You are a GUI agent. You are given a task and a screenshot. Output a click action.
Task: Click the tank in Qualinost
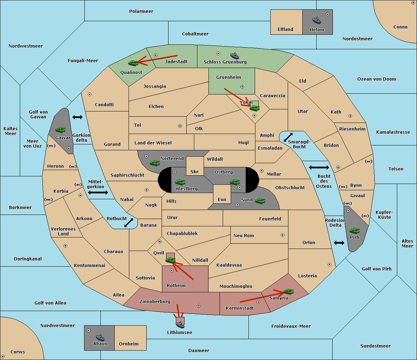coord(133,63)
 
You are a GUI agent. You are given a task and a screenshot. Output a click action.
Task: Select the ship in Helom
coord(317,20)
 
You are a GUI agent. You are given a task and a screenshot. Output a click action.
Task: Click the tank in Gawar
coord(60,129)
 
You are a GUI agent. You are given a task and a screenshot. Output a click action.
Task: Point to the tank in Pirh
coord(355,231)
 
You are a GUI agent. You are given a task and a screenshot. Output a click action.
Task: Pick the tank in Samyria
coord(288,291)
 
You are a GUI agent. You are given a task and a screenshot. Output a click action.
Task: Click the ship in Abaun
coord(100,337)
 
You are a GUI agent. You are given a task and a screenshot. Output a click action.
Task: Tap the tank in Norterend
coord(155,162)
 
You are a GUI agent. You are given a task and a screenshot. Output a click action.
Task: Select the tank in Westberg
coord(180,182)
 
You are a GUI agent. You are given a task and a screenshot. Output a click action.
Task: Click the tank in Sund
coord(260,201)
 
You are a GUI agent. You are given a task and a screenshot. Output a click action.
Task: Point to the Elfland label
coord(285,30)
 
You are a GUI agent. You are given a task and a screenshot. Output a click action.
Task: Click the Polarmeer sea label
coord(141,11)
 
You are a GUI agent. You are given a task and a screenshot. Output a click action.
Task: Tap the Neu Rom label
coord(244,236)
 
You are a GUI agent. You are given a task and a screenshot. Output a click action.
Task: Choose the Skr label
coord(195,172)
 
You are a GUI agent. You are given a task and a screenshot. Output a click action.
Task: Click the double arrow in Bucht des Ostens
coord(319,168)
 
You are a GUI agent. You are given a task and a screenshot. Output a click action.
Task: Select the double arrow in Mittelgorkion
coord(98,192)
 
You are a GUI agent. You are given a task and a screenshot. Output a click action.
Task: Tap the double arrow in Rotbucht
coord(129,223)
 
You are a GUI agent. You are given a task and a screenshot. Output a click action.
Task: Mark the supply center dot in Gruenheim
coord(242,87)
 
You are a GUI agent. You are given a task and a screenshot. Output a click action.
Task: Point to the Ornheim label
coord(129,344)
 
